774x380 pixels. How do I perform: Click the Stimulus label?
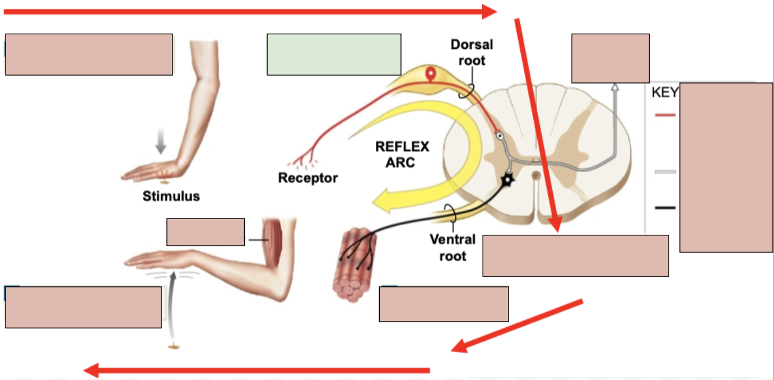point(171,197)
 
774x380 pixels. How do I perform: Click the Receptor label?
point(308,178)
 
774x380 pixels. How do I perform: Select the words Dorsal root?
point(472,52)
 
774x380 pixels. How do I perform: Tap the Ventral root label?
point(453,247)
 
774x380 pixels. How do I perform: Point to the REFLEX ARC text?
point(402,154)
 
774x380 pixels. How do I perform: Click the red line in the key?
point(665,115)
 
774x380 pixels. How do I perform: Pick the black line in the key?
point(665,208)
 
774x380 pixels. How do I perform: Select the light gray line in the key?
point(665,172)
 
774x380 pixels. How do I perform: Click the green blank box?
point(334,54)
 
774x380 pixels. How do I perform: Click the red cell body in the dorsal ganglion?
point(430,73)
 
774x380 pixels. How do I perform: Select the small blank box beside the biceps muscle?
point(206,232)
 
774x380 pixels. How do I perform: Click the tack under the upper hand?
point(165,182)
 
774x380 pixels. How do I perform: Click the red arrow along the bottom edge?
point(258,370)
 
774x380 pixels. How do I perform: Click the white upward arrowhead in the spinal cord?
point(615,87)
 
